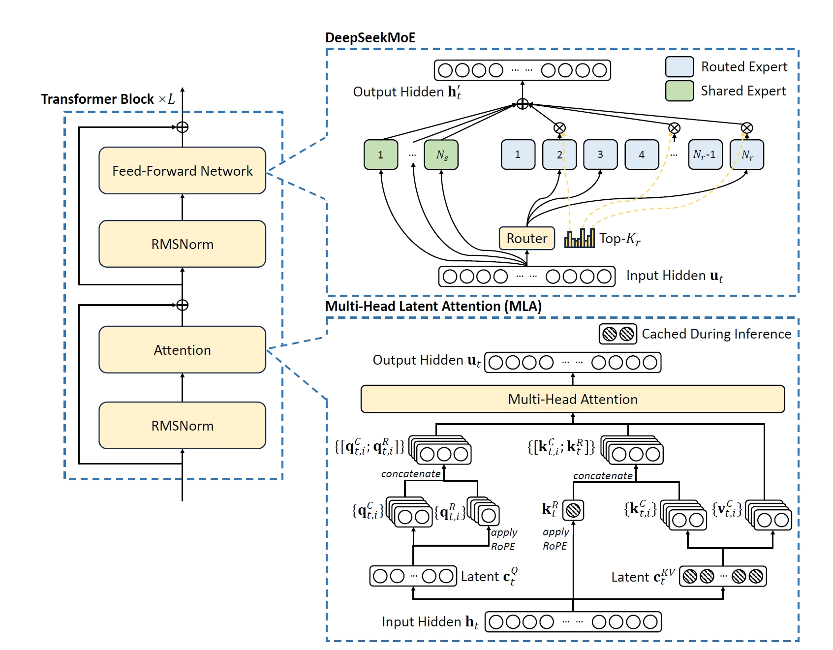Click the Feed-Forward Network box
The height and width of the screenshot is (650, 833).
[x=182, y=170]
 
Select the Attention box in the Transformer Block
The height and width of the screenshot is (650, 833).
[x=182, y=349]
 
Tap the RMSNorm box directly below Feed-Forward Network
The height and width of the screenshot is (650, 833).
[x=182, y=244]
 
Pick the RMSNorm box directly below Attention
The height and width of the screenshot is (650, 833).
[x=182, y=425]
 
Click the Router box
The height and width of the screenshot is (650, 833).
[x=527, y=238]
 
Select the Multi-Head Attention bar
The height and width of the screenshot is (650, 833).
[x=573, y=399]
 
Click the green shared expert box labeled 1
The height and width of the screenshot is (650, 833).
[x=381, y=155]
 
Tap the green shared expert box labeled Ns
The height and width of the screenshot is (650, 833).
[x=441, y=155]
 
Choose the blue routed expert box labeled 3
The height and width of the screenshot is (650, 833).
[x=600, y=155]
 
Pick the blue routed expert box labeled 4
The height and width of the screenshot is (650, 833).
[x=642, y=155]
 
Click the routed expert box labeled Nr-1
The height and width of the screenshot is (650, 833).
[x=706, y=155]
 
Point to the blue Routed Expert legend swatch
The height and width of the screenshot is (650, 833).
[x=679, y=66]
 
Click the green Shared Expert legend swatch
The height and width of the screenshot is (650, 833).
[x=679, y=91]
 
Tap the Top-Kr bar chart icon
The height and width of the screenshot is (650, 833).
[x=579, y=238]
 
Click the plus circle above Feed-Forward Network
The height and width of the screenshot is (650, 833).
[x=183, y=127]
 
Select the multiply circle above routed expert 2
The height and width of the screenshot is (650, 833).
[x=559, y=128]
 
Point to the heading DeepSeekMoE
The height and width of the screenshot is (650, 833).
[x=370, y=38]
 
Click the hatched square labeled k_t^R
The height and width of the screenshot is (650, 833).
[x=573, y=510]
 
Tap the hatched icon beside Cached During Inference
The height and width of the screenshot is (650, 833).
[x=618, y=334]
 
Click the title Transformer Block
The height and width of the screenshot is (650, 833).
[x=97, y=99]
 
